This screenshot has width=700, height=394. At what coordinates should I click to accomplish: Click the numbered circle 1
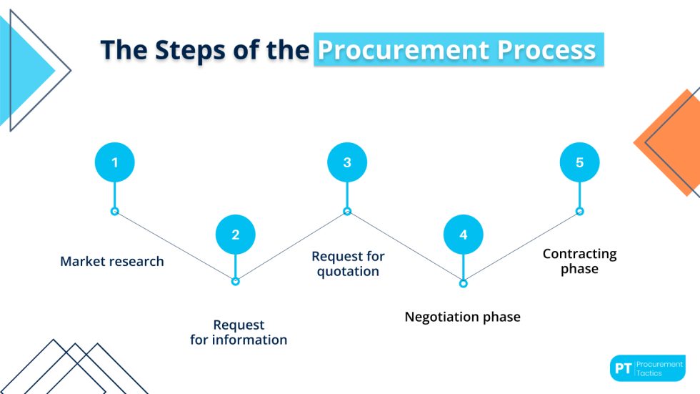(x=114, y=162)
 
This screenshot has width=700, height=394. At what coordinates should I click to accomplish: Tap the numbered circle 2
(x=235, y=234)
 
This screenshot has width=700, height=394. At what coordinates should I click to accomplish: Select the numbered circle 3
(x=347, y=162)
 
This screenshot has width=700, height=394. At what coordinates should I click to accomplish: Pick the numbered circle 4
(x=463, y=235)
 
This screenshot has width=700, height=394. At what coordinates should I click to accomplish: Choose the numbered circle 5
(x=579, y=162)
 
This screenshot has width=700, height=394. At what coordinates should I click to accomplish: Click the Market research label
(x=112, y=262)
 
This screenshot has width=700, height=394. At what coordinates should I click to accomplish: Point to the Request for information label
(x=239, y=333)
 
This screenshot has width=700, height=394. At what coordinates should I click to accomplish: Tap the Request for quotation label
(x=348, y=264)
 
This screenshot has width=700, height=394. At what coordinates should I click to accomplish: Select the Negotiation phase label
(x=462, y=317)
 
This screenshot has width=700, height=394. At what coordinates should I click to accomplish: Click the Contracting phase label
(x=579, y=261)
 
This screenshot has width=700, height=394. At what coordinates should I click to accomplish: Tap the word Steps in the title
(x=192, y=49)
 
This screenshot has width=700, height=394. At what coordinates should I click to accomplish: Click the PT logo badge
(x=647, y=368)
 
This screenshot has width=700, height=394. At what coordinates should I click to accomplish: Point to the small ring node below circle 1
(x=114, y=211)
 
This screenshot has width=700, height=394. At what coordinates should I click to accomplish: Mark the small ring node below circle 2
(x=235, y=282)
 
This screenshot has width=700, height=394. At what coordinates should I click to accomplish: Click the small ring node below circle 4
(x=463, y=283)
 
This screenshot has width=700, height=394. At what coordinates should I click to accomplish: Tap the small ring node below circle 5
(x=579, y=211)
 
